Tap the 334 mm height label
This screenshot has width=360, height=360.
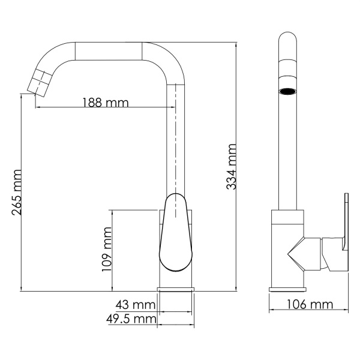point(231,167)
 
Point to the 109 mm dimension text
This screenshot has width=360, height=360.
point(107,249)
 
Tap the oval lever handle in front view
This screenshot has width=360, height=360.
point(175,234)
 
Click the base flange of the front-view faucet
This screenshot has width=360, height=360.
point(175,290)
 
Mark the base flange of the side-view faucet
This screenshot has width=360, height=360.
point(288,290)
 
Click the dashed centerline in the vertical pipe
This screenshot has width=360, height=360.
point(175,138)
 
